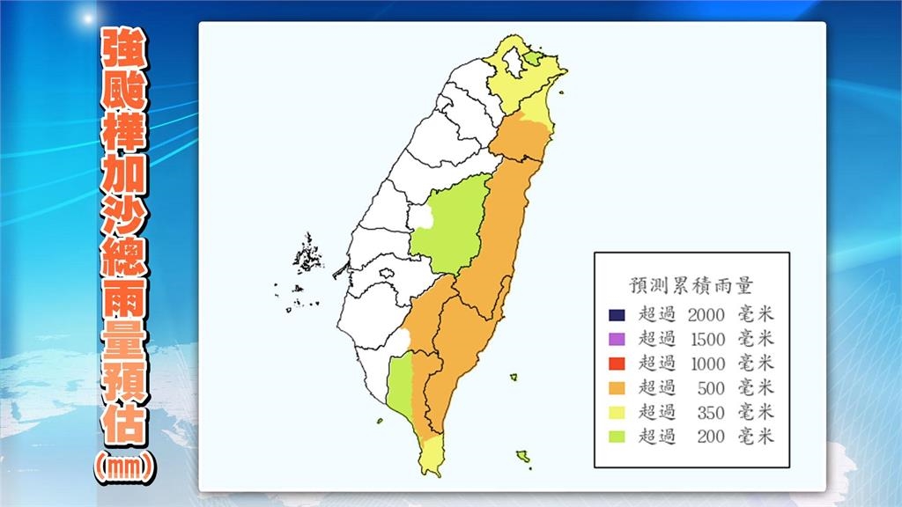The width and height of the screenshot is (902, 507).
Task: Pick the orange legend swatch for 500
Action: [617, 387]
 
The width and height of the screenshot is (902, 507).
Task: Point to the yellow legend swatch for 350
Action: [617, 411]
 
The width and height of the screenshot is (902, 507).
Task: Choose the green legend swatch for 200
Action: [617, 435]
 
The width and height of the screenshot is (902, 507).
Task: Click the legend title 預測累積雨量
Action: [691, 284]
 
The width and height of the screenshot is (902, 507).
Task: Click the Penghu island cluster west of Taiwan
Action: [307, 255]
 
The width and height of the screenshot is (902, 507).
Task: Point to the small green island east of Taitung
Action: [513, 378]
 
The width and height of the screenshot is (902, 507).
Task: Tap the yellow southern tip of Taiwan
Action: [431, 455]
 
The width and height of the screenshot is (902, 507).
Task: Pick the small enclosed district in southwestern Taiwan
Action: [386, 275]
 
